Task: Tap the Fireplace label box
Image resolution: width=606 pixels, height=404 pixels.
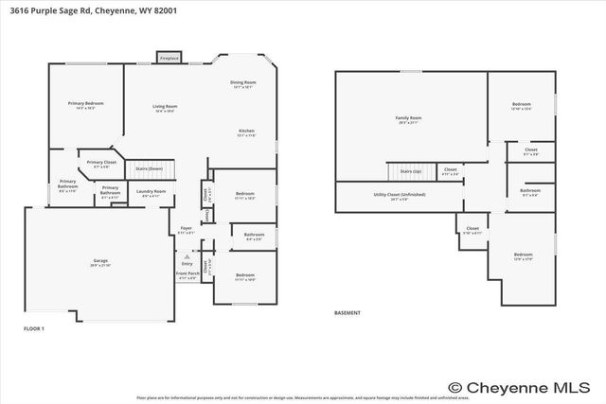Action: click(x=169, y=58)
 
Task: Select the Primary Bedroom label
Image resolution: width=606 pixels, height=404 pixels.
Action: click(x=85, y=105)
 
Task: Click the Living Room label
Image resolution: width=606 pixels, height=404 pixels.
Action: click(x=166, y=108)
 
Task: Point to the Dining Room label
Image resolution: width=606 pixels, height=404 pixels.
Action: click(x=242, y=85)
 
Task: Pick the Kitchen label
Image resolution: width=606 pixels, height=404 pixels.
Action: click(x=245, y=132)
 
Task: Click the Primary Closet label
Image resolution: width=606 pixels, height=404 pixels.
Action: click(x=101, y=164)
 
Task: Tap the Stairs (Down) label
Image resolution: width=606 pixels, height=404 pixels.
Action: click(x=149, y=167)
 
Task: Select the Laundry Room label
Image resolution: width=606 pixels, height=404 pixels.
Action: click(x=151, y=193)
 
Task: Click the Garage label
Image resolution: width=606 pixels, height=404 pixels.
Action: click(x=100, y=263)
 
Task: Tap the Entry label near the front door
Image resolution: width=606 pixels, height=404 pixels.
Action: click(x=187, y=263)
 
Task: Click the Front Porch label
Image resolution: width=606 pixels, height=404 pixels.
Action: click(x=187, y=276)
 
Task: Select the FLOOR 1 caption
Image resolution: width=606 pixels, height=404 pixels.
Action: click(x=34, y=328)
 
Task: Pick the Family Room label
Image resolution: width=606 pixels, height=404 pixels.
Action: click(x=408, y=120)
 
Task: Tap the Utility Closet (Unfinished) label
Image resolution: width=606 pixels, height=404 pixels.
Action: click(x=399, y=197)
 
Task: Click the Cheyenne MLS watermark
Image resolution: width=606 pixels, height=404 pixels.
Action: click(x=526, y=386)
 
